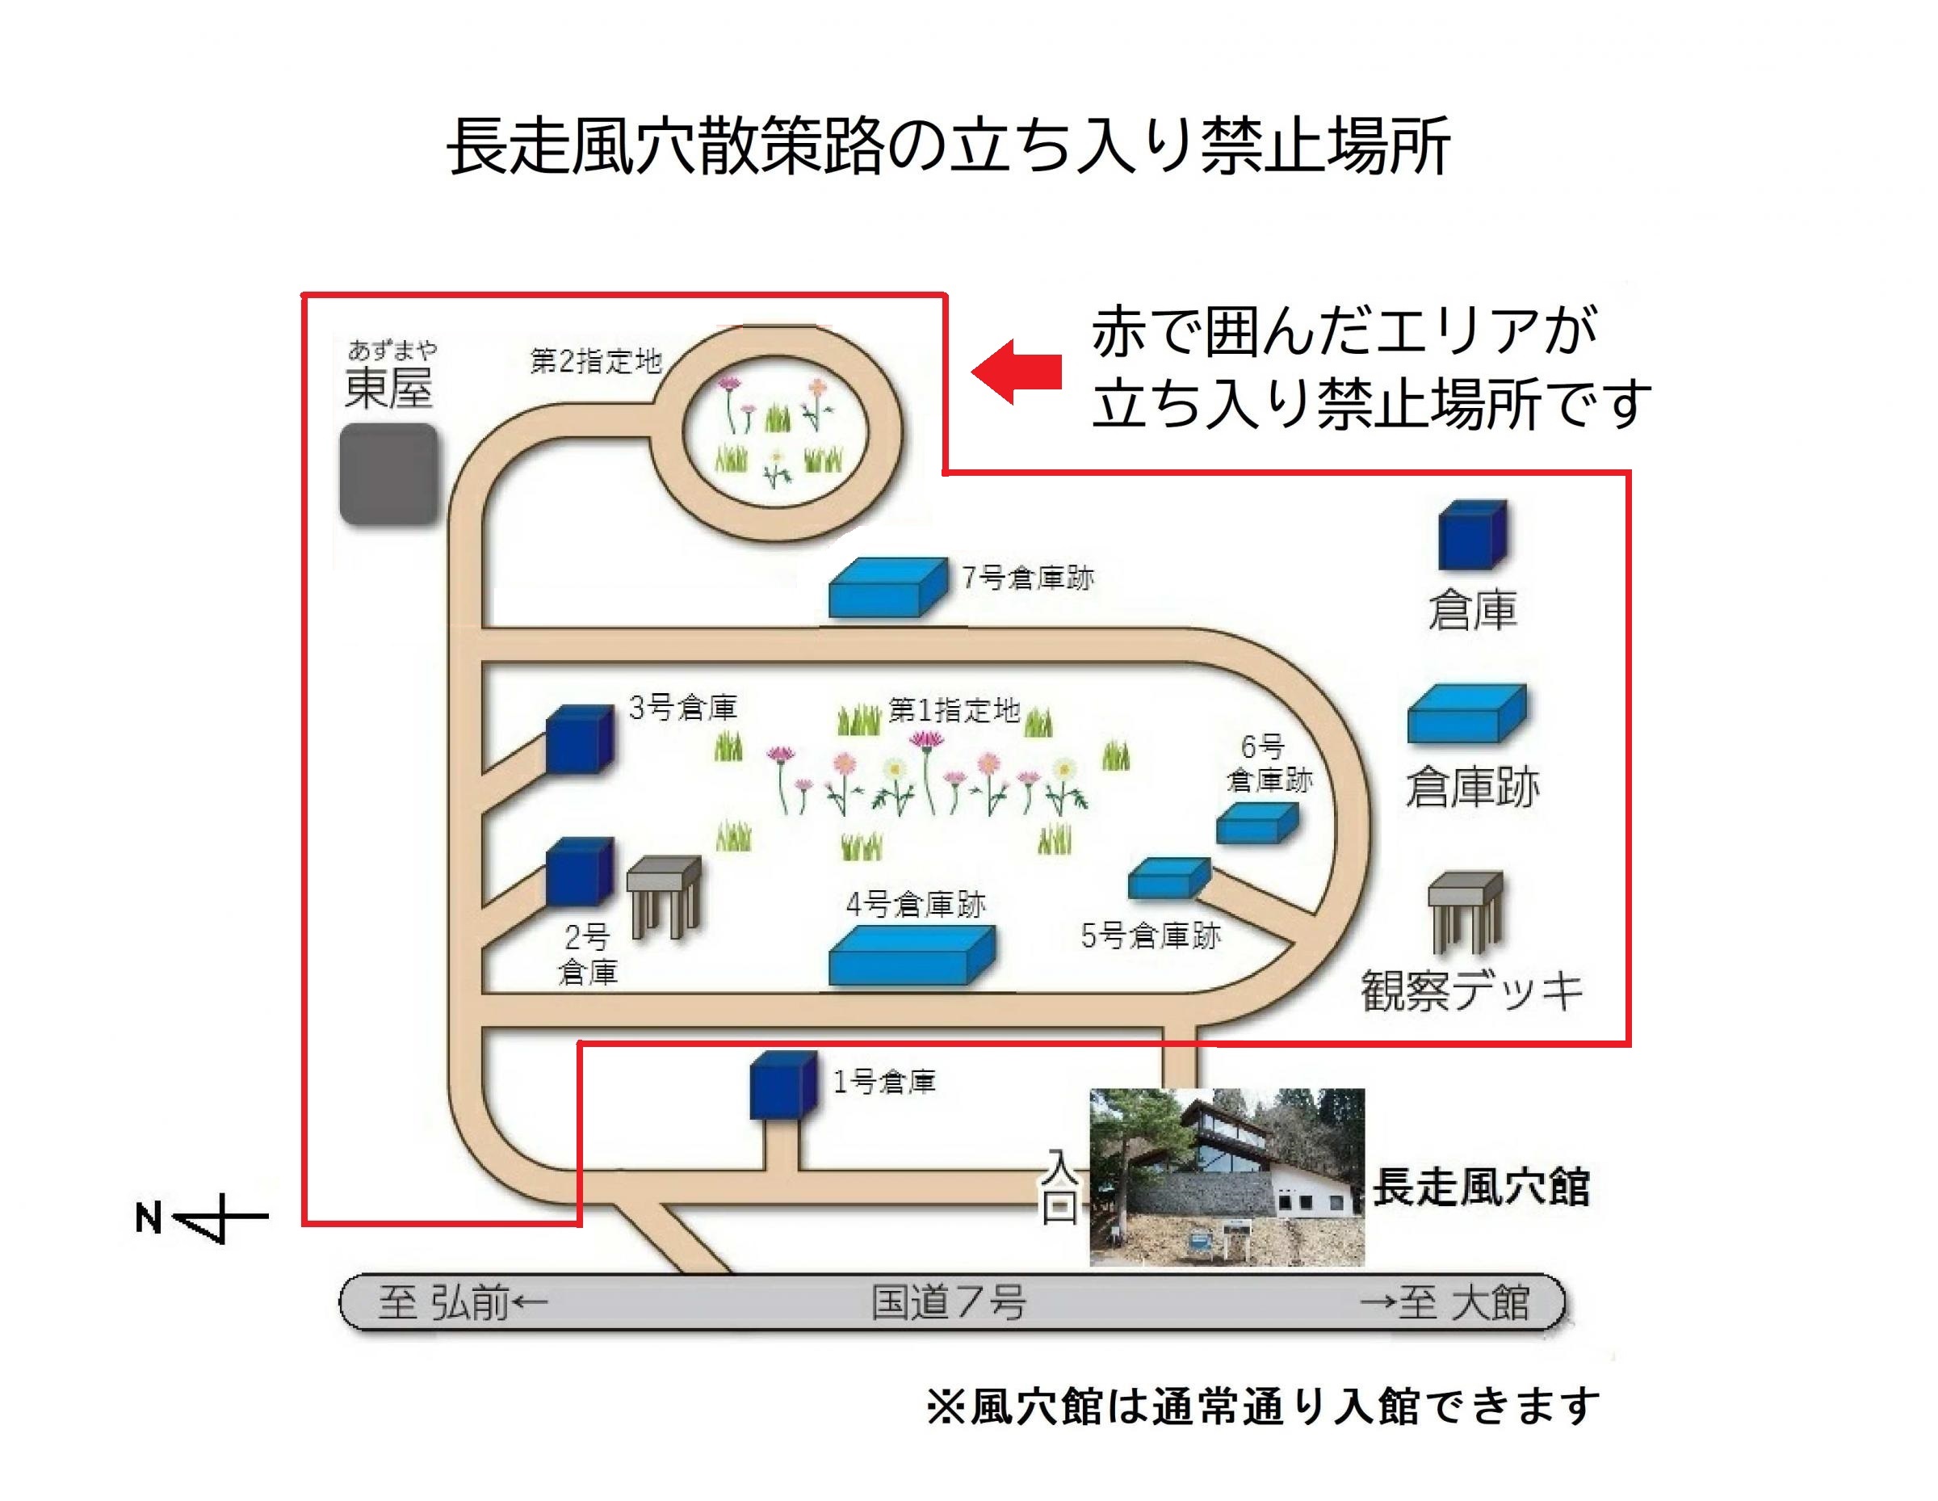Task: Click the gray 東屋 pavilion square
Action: (388, 474)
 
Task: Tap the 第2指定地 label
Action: (596, 361)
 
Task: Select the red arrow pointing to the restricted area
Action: (1017, 372)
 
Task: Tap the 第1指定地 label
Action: (954, 710)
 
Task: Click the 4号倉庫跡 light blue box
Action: (912, 955)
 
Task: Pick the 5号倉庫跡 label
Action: (1151, 935)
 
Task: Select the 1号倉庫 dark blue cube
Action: (783, 1086)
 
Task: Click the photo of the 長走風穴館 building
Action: (1227, 1177)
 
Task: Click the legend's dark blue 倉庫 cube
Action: (1473, 534)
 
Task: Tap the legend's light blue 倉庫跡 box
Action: (1466, 713)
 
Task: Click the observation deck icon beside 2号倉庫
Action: (664, 898)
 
